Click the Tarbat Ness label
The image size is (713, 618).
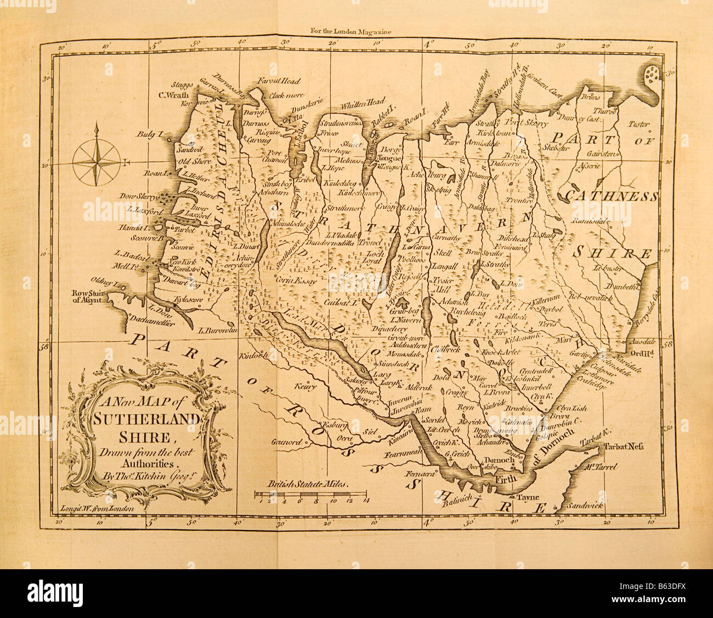click(x=621, y=446)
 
